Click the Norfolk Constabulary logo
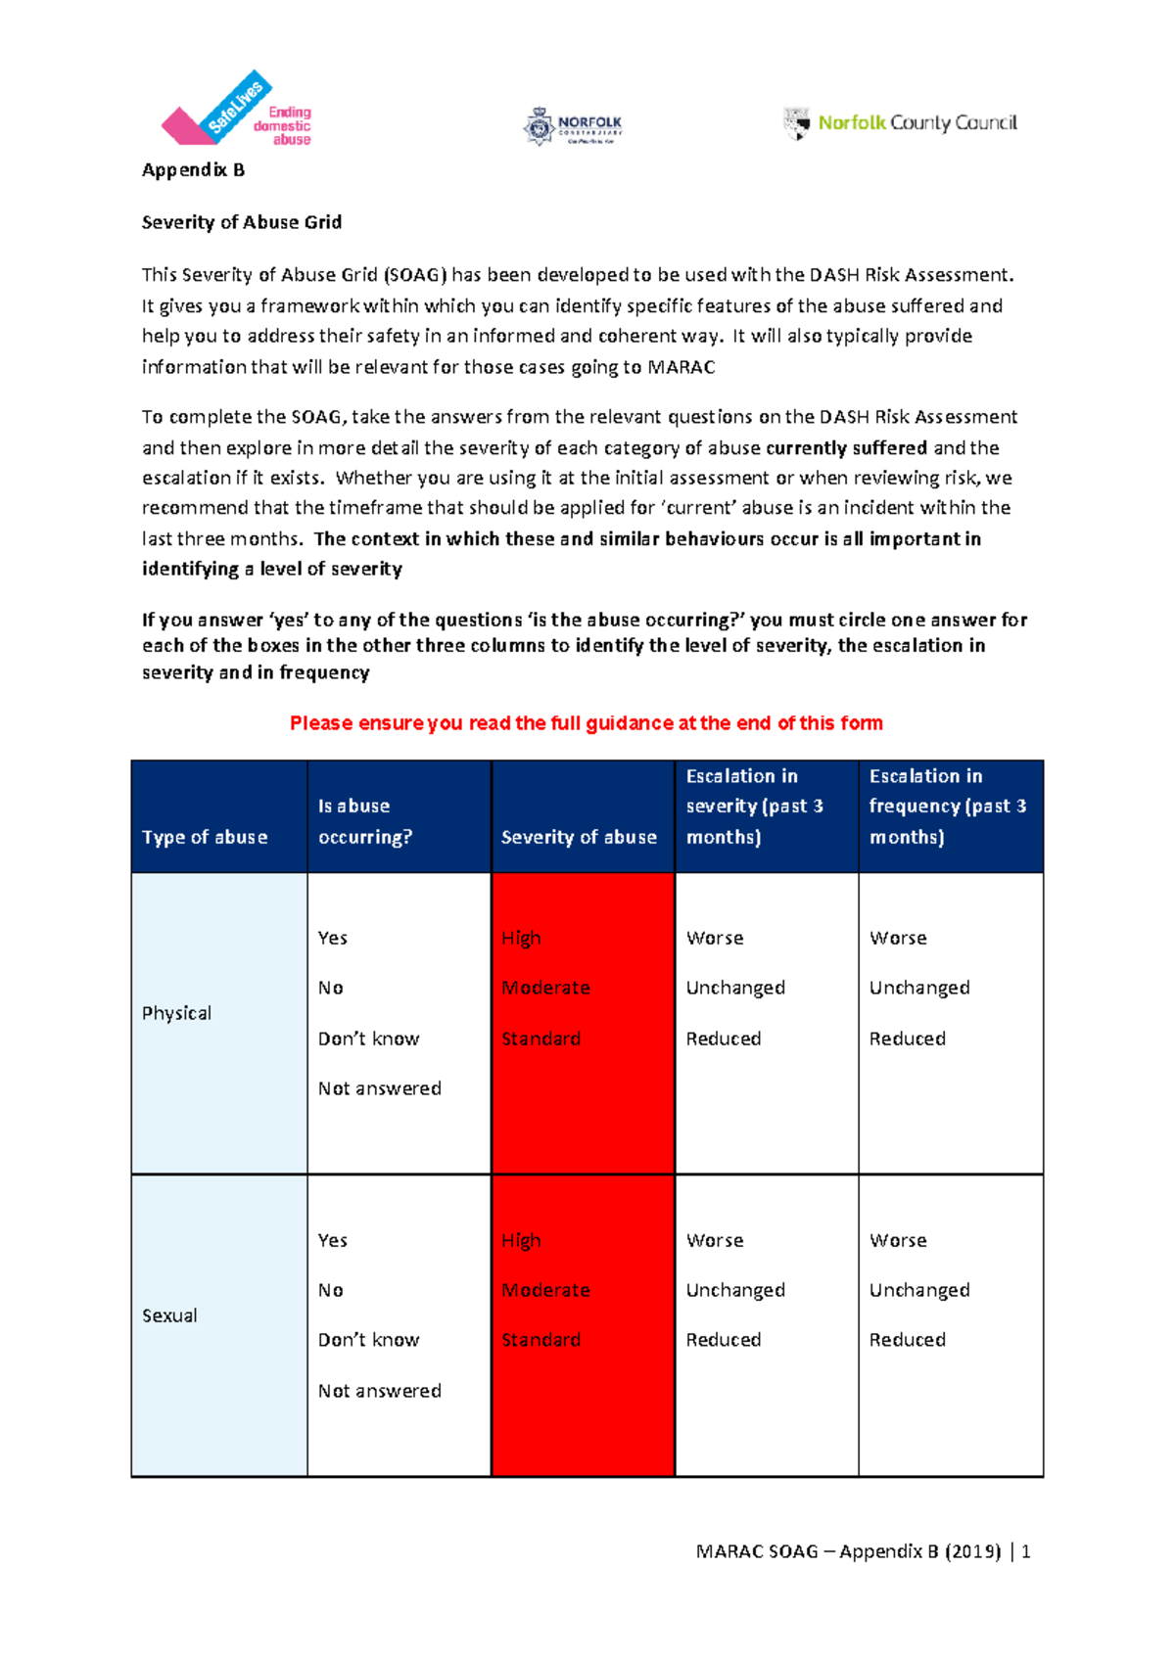pos(573,126)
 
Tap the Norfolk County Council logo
pos(901,123)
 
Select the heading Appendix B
pos(193,170)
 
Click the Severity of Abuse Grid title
pos(242,222)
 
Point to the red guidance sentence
pos(586,723)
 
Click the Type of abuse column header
pos(205,837)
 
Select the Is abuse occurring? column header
pos(364,821)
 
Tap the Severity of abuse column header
pos(579,837)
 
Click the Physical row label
pos(176,1013)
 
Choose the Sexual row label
pos(169,1315)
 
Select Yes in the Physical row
pos(333,938)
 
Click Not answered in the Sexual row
pos(379,1391)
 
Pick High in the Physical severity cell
pos(521,938)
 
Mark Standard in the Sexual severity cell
pos(540,1340)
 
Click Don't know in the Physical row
pos(368,1038)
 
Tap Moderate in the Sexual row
pos(545,1290)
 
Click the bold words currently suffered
pos(846,448)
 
